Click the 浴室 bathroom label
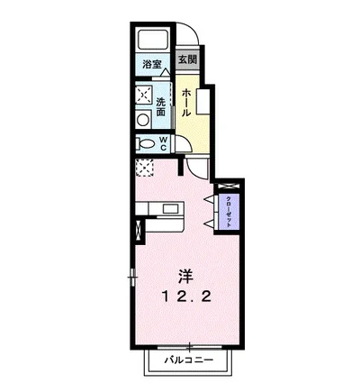(x=152, y=64)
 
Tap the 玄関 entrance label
(x=188, y=59)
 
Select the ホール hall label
(x=186, y=103)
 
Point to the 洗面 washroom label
(x=161, y=107)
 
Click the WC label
(x=163, y=143)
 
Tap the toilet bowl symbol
(x=146, y=144)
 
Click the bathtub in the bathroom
(x=152, y=40)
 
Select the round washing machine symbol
(x=143, y=120)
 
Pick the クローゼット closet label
(x=229, y=212)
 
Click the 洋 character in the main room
(x=186, y=277)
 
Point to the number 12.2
(x=186, y=297)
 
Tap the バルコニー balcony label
(x=189, y=360)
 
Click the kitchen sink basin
(x=169, y=208)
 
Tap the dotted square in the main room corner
(x=145, y=168)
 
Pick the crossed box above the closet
(x=229, y=186)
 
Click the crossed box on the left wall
(x=139, y=230)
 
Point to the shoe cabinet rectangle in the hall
(x=202, y=101)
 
